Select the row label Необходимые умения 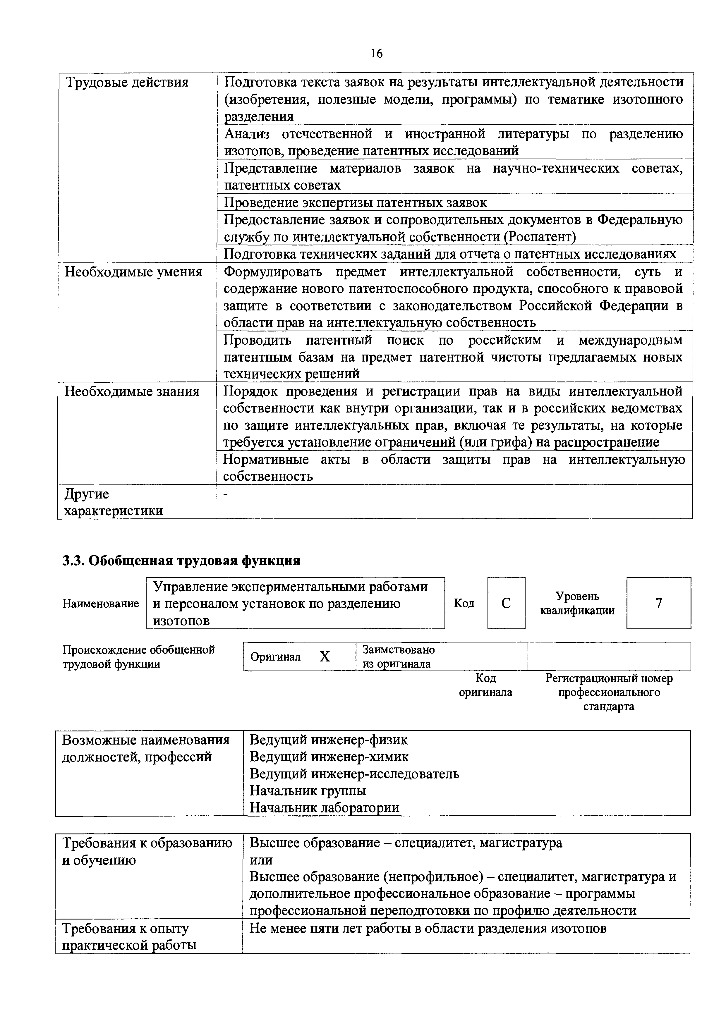click(x=133, y=272)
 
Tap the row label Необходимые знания click(x=132, y=391)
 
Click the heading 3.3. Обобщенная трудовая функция click(x=181, y=560)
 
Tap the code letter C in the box click(x=506, y=603)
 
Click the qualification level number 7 click(x=658, y=603)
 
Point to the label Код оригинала click(x=485, y=685)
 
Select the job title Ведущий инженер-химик click(x=329, y=757)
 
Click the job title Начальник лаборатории click(x=324, y=807)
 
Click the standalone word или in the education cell click(x=261, y=860)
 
